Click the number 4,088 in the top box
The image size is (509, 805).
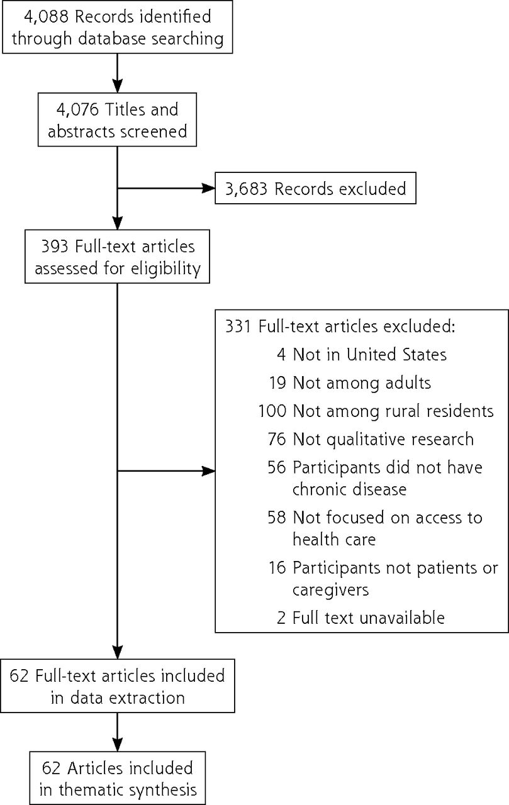click(46, 17)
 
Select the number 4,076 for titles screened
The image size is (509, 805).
click(77, 109)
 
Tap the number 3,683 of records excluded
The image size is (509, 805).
click(246, 189)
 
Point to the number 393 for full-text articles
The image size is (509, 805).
click(55, 247)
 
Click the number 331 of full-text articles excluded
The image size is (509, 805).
click(238, 326)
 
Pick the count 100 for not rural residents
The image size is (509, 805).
click(272, 411)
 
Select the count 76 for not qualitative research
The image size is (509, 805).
click(277, 439)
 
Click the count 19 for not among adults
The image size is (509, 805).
click(277, 383)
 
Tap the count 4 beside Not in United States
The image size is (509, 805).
click(281, 354)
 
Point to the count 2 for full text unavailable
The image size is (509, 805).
click(281, 618)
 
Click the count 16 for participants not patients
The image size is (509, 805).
click(277, 568)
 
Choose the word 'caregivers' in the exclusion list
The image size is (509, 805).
click(330, 591)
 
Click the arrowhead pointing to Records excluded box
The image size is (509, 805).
click(208, 188)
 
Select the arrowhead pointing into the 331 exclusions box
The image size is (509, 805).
click(208, 471)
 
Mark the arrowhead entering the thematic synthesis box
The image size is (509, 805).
click(118, 745)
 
